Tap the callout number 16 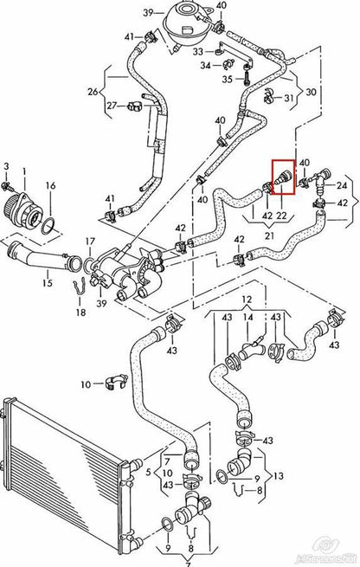coord(50,185)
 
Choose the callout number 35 coord(227,79)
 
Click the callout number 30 coord(312,93)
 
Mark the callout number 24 coord(341,184)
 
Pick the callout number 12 coord(247,299)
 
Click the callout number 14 coord(247,319)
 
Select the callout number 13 coord(277,475)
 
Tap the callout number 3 coord(6,164)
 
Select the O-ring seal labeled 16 coord(51,227)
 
